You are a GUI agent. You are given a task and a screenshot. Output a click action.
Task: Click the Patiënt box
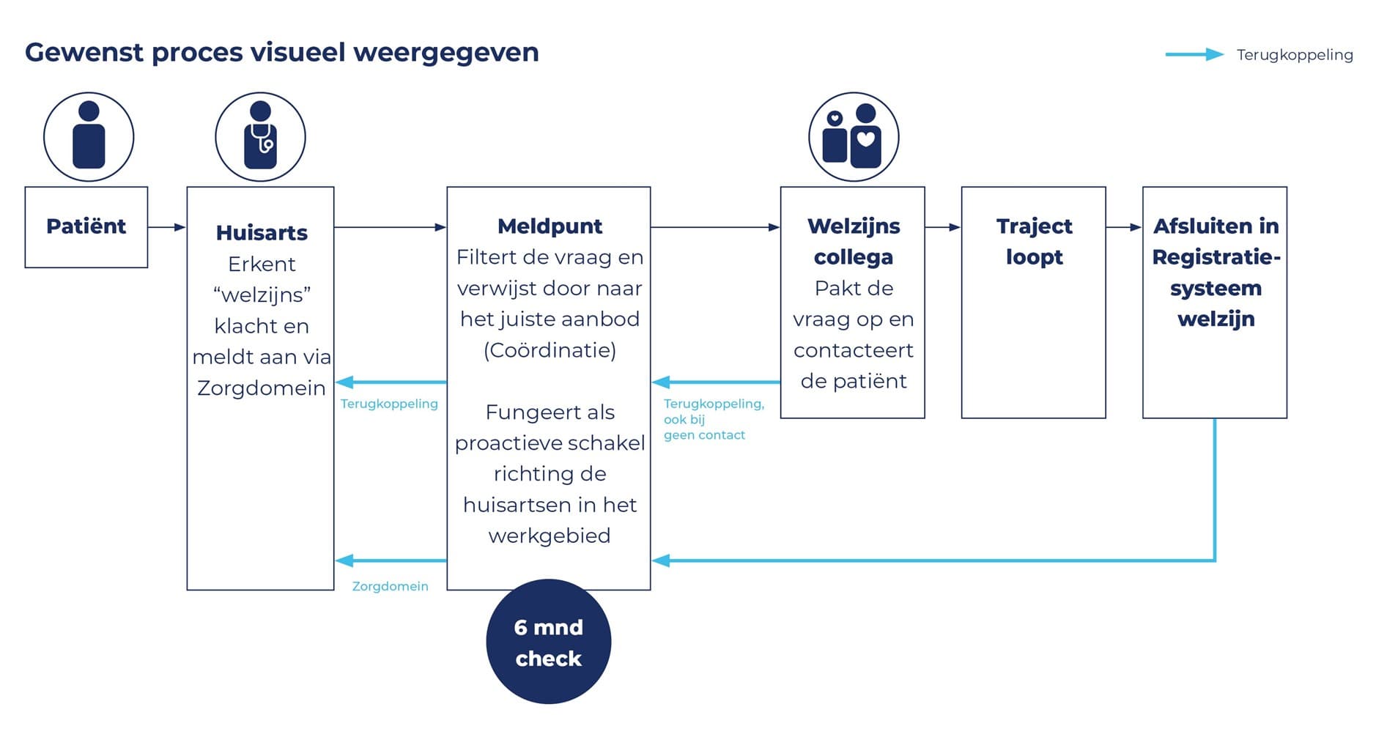86,227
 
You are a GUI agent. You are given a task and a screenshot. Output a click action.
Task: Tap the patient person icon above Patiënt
89,136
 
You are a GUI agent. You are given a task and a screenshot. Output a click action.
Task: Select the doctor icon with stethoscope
260,136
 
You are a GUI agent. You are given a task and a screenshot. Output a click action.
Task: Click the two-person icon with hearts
854,136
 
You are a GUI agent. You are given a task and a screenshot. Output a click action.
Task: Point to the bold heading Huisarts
262,233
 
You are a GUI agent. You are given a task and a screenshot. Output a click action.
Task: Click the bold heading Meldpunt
550,226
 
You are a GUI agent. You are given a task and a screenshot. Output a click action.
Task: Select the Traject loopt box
1034,303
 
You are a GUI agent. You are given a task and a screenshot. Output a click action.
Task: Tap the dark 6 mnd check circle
549,642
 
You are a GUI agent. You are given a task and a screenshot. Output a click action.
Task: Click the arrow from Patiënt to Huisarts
167,227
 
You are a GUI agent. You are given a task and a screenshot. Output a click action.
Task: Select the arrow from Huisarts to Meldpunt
391,227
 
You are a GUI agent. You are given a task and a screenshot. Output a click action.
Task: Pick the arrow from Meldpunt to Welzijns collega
716,227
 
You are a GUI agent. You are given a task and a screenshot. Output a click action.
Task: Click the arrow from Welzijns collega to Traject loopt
943,227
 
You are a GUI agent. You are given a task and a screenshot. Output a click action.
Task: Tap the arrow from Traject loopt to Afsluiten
1125,227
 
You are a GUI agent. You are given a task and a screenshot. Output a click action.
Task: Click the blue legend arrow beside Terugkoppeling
1194,54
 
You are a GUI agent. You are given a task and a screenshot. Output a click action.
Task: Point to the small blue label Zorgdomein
390,586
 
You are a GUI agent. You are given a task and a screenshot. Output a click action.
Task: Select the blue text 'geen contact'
704,435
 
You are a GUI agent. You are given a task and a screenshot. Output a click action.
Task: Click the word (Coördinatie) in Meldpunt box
550,350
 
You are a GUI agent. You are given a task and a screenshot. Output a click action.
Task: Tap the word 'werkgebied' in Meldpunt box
550,536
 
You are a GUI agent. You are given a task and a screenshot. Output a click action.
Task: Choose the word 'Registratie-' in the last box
1216,257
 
